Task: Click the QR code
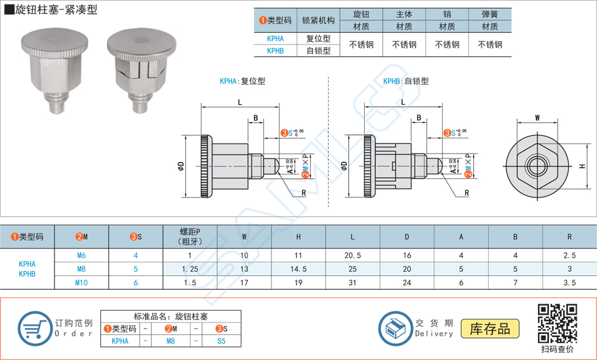pyautogui.click(x=557, y=323)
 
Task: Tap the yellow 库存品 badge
pyautogui.click(x=490, y=328)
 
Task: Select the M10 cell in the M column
pyautogui.click(x=81, y=283)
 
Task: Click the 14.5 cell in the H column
pyautogui.click(x=298, y=269)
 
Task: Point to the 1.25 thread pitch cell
pyautogui.click(x=190, y=269)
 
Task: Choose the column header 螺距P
pyautogui.click(x=190, y=236)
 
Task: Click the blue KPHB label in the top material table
pyautogui.click(x=276, y=50)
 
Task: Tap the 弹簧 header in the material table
pyautogui.click(x=489, y=14)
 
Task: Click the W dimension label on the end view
pyautogui.click(x=537, y=119)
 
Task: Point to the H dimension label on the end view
pyautogui.click(x=582, y=167)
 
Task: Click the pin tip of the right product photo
pyautogui.click(x=140, y=106)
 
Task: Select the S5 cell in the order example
pyautogui.click(x=221, y=340)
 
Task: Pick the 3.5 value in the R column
pyautogui.click(x=569, y=283)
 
